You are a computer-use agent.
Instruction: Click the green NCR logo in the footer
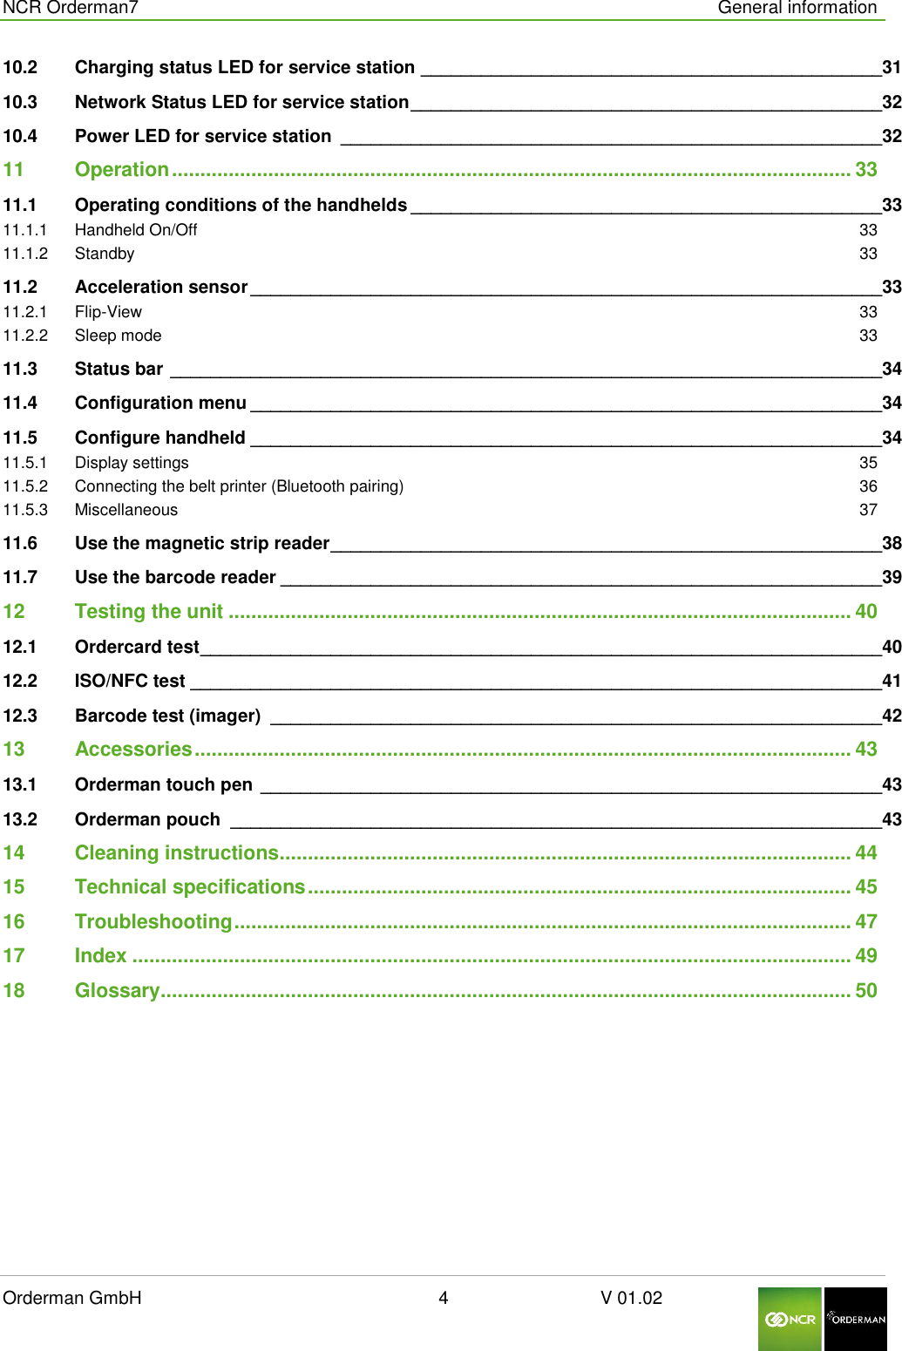pos(790,1319)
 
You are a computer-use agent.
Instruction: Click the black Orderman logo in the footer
pos(856,1319)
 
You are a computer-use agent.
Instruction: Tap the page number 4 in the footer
pos(443,1298)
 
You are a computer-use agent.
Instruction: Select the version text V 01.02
pos(631,1298)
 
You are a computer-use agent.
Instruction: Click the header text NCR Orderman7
pos(71,8)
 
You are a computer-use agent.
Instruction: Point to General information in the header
pos(797,8)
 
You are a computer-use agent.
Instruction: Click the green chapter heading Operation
pos(121,170)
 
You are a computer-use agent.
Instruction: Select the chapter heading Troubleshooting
pos(153,921)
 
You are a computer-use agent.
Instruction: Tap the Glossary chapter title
pos(117,990)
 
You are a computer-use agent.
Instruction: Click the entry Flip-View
pos(108,312)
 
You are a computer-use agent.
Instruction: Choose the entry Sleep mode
pos(118,336)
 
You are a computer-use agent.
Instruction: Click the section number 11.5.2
pos(25,486)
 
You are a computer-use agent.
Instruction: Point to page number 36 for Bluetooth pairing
pos(868,486)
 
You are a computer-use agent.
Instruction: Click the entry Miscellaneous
pos(126,510)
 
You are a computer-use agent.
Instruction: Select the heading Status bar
pos(119,369)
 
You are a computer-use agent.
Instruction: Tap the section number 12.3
pos(20,716)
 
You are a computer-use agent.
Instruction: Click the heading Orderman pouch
pos(147,819)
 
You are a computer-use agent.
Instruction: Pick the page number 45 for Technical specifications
pos(865,887)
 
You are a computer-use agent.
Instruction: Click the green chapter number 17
pos(14,956)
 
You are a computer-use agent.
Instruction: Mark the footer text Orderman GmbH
pos(72,1298)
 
